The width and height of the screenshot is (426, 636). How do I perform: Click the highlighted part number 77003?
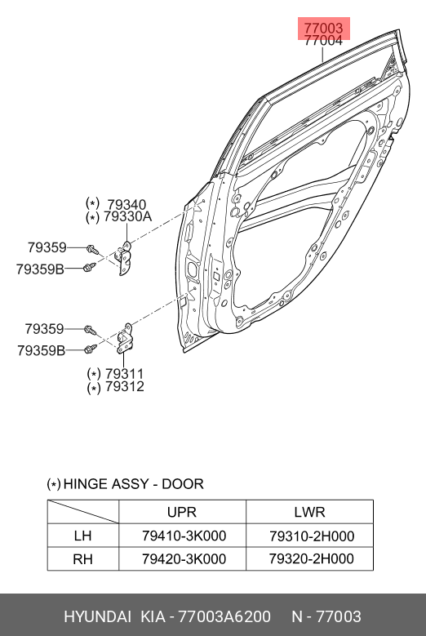coord(323,29)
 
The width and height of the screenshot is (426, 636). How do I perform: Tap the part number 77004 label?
coord(323,41)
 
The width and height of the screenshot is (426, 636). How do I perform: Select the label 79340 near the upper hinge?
coord(126,205)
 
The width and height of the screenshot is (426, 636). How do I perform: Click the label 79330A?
coord(127,216)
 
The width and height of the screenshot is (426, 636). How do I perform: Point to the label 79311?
coord(124,374)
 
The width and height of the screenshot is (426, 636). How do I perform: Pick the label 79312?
coord(124,386)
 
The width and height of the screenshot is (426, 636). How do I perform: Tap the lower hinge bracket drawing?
coord(124,338)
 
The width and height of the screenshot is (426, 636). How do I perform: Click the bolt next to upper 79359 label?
coord(92,250)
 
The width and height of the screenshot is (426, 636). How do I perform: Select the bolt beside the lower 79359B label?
coord(91,349)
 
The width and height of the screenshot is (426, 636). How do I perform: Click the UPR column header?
coord(182,512)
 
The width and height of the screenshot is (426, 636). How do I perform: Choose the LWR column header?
coord(309,512)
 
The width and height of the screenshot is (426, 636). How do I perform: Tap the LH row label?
coord(82,536)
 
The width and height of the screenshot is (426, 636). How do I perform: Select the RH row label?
coord(82,559)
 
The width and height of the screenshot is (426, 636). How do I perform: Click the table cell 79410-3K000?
coord(184,536)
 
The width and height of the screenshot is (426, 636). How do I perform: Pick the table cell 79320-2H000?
coord(312,559)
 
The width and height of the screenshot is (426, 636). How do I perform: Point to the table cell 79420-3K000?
coord(184,559)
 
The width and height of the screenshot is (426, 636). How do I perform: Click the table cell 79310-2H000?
coord(312,536)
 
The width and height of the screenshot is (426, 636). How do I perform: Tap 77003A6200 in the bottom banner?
coord(224,617)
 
